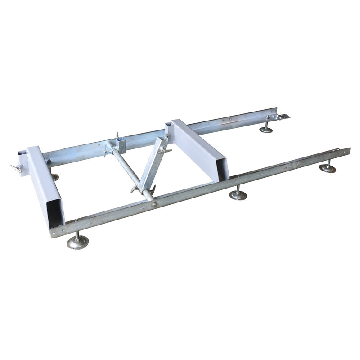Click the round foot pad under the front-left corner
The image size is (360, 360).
[77, 243]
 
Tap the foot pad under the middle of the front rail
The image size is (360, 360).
[238, 195]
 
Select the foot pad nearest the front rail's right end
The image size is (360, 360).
[327, 169]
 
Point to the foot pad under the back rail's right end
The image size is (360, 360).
[266, 130]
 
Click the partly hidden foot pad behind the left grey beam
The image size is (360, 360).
[55, 177]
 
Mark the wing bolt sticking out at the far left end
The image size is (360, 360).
[15, 169]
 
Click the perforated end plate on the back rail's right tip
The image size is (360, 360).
[283, 117]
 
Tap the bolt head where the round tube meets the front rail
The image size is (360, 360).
[154, 205]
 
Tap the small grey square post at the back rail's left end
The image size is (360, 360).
[22, 158]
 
